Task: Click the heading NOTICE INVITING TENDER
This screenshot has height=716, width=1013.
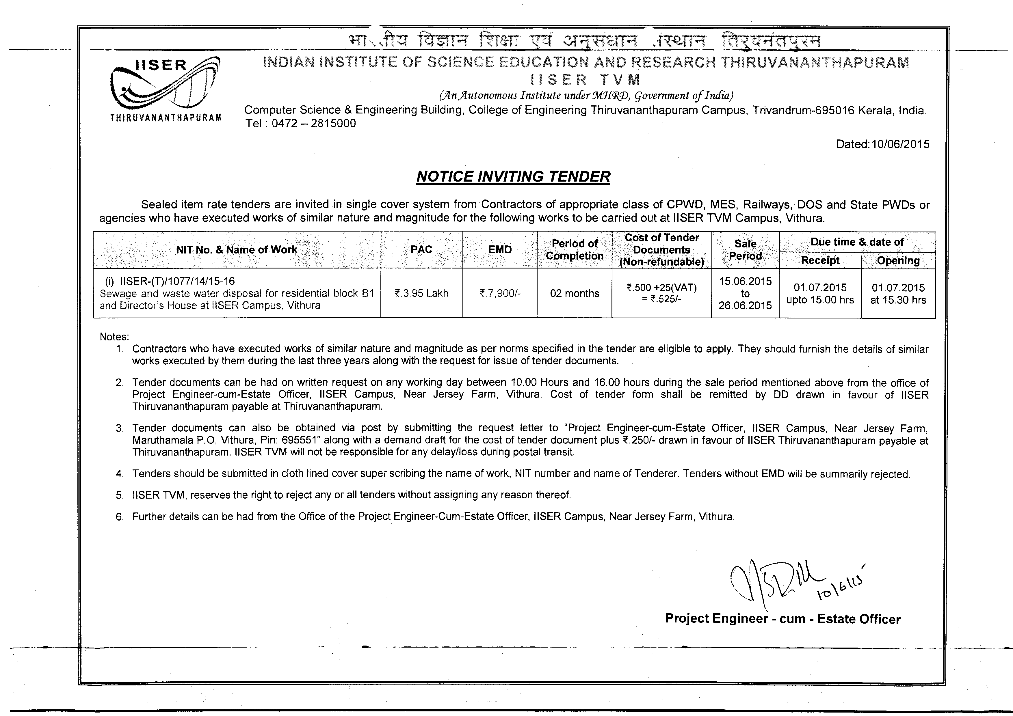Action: click(513, 176)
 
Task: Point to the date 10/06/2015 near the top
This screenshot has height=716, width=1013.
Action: click(901, 144)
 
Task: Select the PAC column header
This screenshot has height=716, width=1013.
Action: click(421, 249)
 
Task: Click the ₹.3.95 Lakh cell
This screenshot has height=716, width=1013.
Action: click(421, 293)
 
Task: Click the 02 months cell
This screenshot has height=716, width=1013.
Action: click(575, 293)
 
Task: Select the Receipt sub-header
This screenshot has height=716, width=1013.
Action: click(820, 261)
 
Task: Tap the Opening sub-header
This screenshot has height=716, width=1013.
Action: click(898, 261)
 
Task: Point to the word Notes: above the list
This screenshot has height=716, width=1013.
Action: click(114, 337)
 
